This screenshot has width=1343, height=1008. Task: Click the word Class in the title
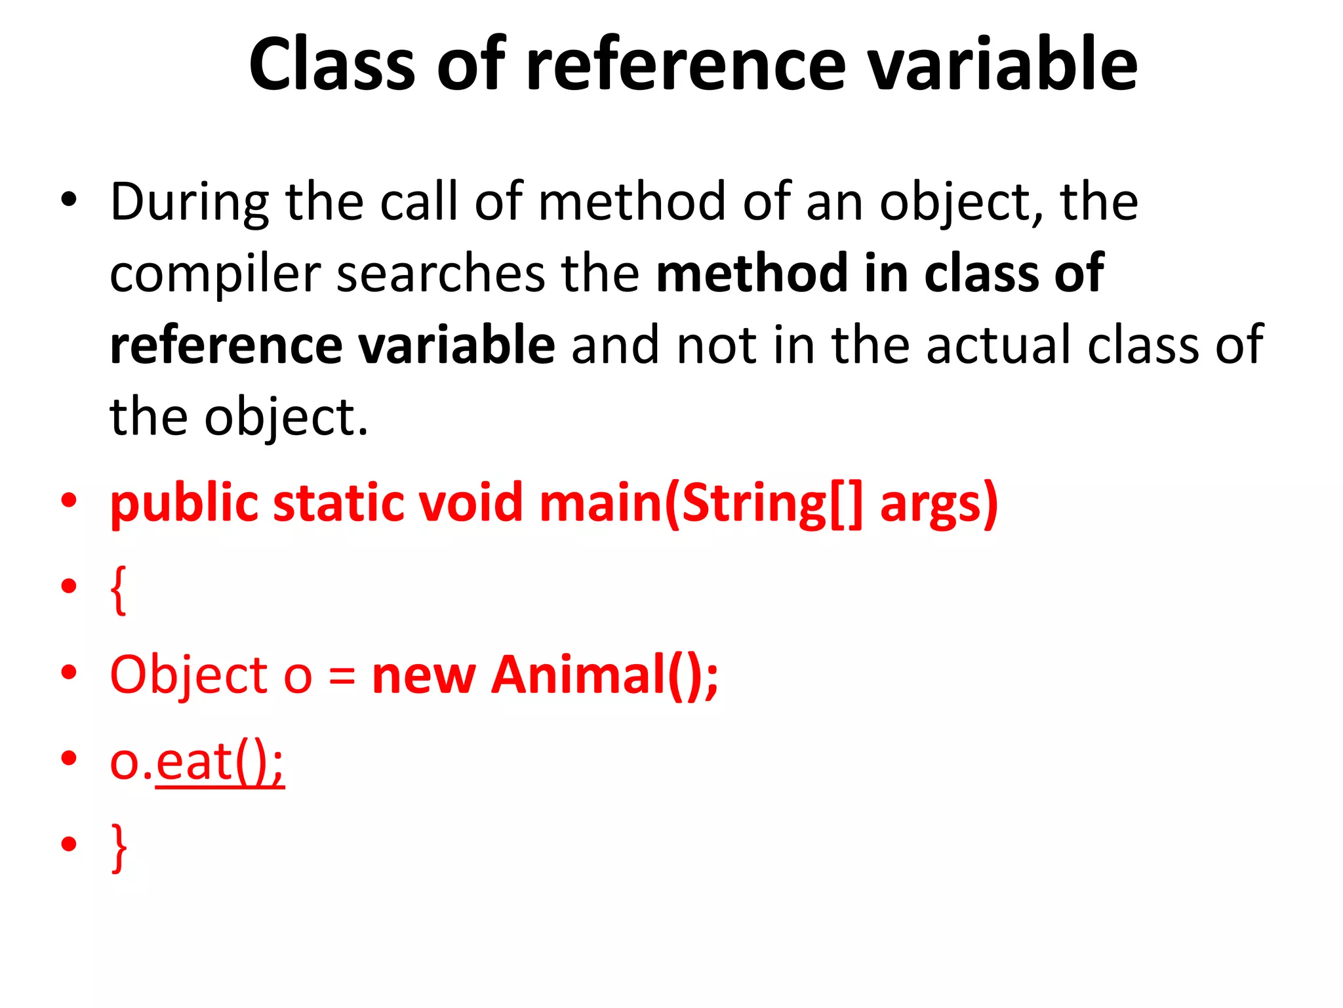tap(332, 64)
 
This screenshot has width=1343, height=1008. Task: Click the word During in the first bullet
tap(190, 202)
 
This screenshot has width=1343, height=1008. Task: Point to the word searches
tap(441, 274)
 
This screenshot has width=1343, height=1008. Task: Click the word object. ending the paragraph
tap(286, 417)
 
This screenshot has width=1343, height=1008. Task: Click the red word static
tap(338, 504)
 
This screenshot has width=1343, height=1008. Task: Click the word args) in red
tap(938, 504)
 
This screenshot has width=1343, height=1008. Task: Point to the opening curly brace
tap(119, 589)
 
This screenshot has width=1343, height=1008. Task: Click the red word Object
tap(189, 676)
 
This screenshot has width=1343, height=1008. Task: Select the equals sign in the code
tap(342, 676)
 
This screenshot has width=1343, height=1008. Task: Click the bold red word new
tap(424, 676)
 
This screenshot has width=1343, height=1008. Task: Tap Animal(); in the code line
tap(605, 676)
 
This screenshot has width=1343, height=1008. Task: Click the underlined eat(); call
tap(220, 763)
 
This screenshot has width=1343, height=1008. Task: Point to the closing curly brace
tap(119, 848)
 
